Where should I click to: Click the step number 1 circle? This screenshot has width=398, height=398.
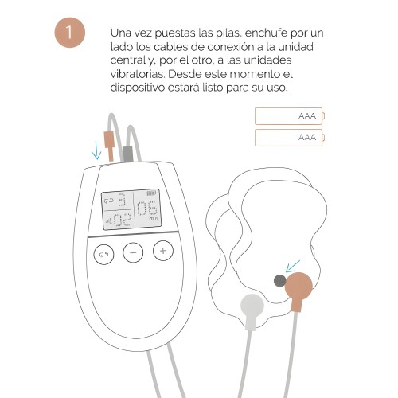tap(72, 33)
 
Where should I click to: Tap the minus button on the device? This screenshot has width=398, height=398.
tap(133, 252)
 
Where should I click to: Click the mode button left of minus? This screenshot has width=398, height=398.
tap(103, 254)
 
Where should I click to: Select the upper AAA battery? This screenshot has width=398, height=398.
tap(289, 116)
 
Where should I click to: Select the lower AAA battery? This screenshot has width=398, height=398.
tap(289, 138)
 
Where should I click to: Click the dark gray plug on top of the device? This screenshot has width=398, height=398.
tap(127, 151)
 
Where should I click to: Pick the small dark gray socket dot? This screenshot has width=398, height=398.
tap(279, 279)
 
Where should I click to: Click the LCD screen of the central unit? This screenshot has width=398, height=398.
tap(127, 210)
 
